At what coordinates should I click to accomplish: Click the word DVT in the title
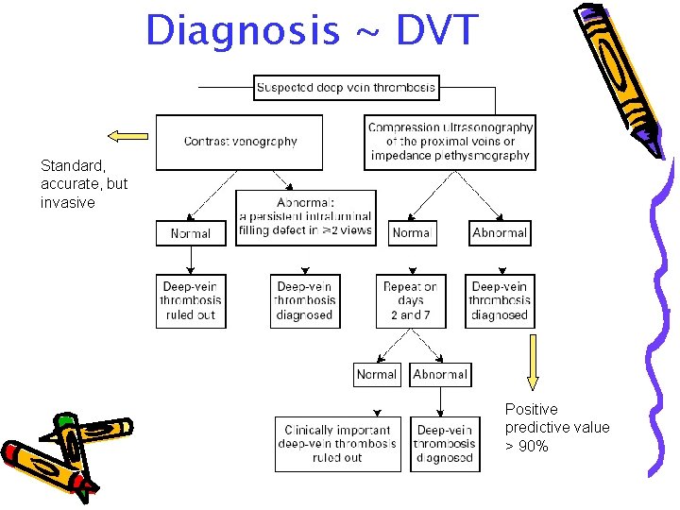pyautogui.click(x=424, y=30)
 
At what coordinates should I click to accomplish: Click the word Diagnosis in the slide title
pyautogui.click(x=242, y=30)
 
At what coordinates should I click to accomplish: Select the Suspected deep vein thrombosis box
pyautogui.click(x=347, y=88)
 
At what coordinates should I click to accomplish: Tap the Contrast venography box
pyautogui.click(x=239, y=142)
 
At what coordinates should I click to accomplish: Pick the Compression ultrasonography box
pyautogui.click(x=450, y=142)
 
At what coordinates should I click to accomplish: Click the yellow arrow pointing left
pyautogui.click(x=128, y=135)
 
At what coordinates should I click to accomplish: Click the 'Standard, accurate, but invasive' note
pyautogui.click(x=84, y=184)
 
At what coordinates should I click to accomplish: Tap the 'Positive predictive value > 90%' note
pyautogui.click(x=557, y=428)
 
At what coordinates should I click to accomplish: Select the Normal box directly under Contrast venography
pyautogui.click(x=191, y=232)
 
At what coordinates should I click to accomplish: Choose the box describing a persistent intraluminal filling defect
pyautogui.click(x=305, y=217)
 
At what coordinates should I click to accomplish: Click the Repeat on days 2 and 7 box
pyautogui.click(x=410, y=301)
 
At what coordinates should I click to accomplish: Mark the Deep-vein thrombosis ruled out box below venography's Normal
pyautogui.click(x=191, y=301)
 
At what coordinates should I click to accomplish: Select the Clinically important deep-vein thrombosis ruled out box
pyautogui.click(x=337, y=444)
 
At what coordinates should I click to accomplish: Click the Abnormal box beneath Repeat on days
pyautogui.click(x=440, y=375)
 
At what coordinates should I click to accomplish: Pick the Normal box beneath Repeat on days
pyautogui.click(x=377, y=375)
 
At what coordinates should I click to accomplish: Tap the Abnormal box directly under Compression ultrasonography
pyautogui.click(x=500, y=232)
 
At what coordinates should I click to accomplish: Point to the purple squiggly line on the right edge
pyautogui.click(x=657, y=312)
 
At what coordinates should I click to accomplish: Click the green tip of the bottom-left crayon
pyautogui.click(x=64, y=421)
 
